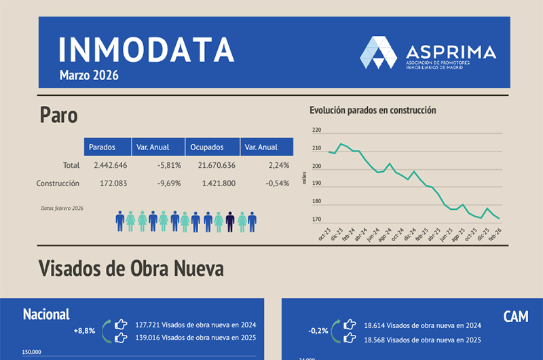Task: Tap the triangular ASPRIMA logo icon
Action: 378,52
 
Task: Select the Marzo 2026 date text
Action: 88,75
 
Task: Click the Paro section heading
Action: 58,115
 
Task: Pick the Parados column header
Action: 101,147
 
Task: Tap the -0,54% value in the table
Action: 277,183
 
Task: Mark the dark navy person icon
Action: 230,221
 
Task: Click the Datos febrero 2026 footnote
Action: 62,208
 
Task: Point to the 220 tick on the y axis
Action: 316,130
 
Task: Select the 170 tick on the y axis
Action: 316,219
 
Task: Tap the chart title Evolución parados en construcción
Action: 373,110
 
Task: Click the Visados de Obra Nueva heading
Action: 131,268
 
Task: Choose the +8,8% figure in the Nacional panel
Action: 84,331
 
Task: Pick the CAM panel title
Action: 516,316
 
